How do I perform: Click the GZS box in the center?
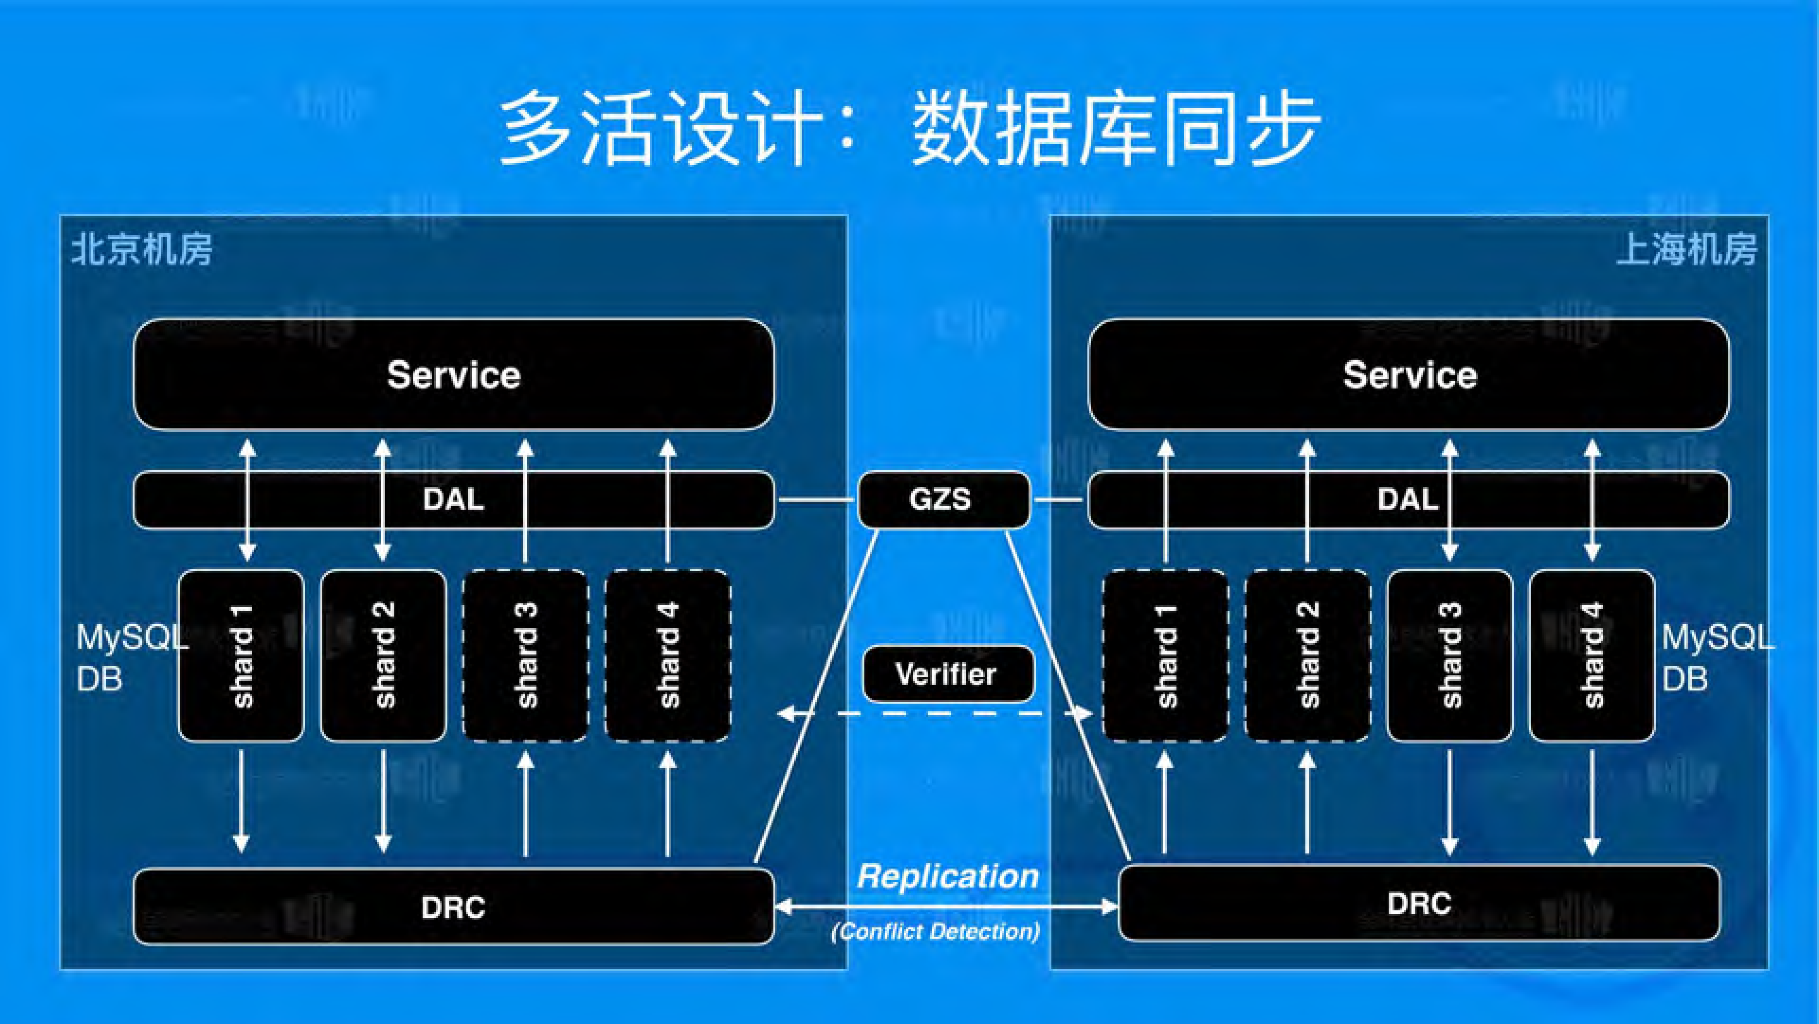[943, 499]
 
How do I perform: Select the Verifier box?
[947, 674]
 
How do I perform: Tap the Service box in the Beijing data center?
[454, 375]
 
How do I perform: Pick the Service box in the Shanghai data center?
[1409, 375]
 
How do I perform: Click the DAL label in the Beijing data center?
[454, 499]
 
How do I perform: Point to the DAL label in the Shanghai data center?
[1407, 499]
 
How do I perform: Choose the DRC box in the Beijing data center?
[454, 907]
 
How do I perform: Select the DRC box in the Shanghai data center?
[1418, 903]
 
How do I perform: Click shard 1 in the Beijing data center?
[241, 655]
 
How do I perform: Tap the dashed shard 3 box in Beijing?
[526, 655]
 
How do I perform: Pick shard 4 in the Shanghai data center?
[1592, 655]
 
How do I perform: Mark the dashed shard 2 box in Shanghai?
[1308, 655]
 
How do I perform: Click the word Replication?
[948, 876]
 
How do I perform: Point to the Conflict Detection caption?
[936, 932]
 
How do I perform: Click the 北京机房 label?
[142, 250]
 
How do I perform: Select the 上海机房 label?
[1686, 250]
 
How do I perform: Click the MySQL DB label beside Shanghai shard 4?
[1716, 658]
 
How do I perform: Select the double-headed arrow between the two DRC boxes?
[946, 906]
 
